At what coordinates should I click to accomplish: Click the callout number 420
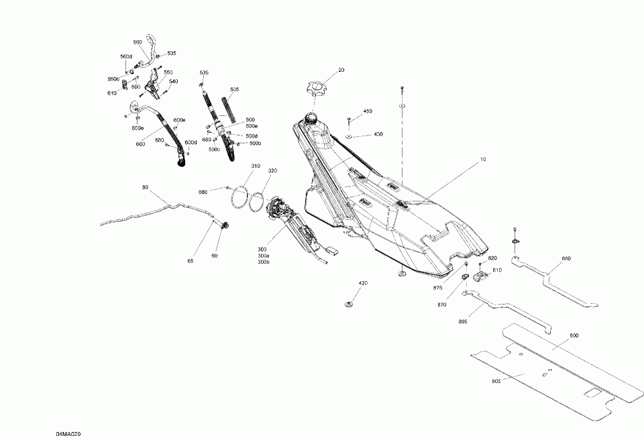(x=363, y=283)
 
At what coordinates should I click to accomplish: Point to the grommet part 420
(x=349, y=305)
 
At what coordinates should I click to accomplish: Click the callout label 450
(x=368, y=111)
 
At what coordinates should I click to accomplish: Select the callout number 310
(x=237, y=166)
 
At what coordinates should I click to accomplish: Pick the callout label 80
(x=145, y=187)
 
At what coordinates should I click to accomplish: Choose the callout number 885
(x=462, y=321)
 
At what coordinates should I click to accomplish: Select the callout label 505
(x=234, y=89)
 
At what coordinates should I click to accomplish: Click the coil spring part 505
(x=230, y=109)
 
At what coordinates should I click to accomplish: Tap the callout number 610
(x=112, y=94)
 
